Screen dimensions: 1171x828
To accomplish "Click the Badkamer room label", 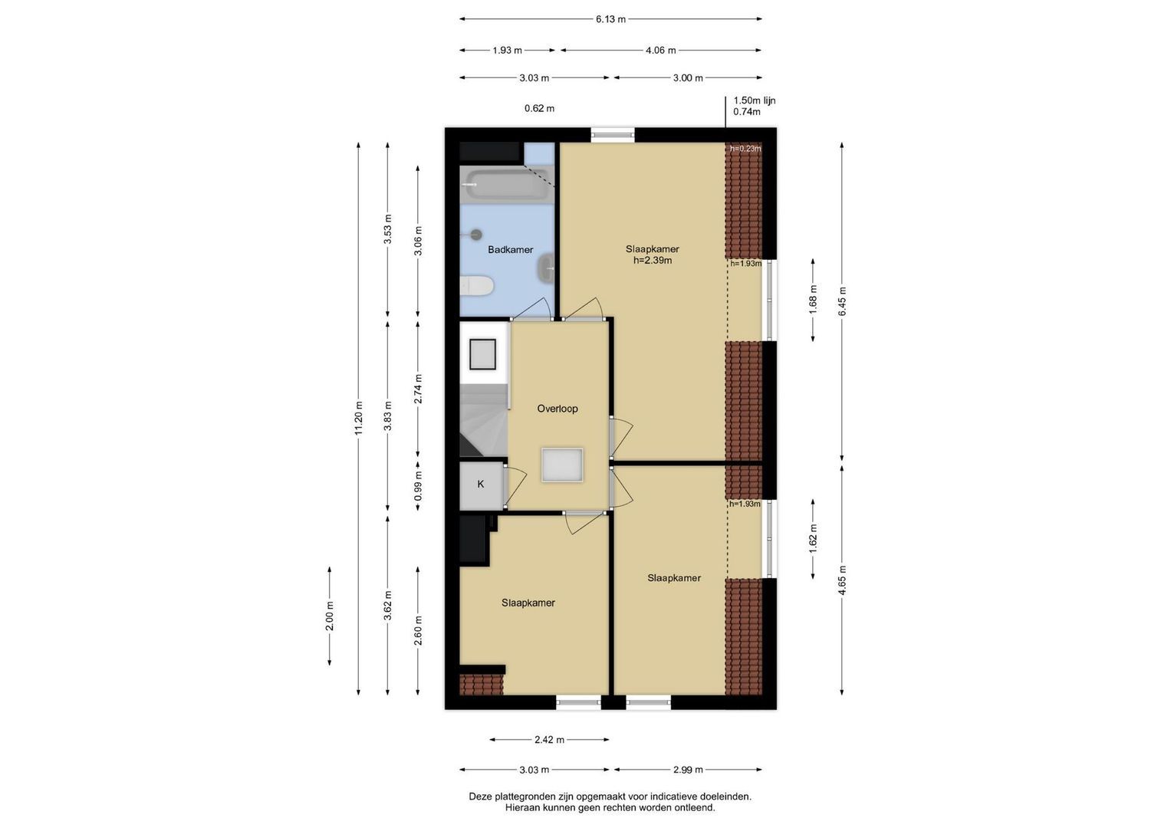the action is (x=510, y=250).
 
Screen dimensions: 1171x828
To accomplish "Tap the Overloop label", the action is (x=558, y=409).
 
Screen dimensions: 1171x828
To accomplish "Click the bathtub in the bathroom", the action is (x=507, y=185).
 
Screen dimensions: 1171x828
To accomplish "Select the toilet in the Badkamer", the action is (x=477, y=286).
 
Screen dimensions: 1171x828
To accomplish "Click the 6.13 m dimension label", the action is (x=610, y=19).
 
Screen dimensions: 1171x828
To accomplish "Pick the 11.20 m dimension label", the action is (x=358, y=418).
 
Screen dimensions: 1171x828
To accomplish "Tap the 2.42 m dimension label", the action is (x=549, y=740).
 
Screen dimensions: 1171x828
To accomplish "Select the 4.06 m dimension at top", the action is (x=661, y=50).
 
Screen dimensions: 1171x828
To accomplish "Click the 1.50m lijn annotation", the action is (x=755, y=100).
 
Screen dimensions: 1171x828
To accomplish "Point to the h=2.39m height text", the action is (x=653, y=261).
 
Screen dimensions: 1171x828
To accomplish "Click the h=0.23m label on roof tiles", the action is (x=745, y=149).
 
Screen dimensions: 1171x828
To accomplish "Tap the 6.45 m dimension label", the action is (x=842, y=301).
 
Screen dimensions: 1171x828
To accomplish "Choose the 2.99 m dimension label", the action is (x=688, y=770).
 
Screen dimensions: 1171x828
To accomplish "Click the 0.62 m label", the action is (x=540, y=109).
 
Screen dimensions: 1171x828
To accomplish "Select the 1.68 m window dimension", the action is (x=813, y=300).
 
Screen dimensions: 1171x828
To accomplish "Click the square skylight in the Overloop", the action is (x=563, y=465).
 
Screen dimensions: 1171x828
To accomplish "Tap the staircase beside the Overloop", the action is (x=484, y=420).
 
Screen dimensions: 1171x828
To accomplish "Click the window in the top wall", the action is (x=613, y=135).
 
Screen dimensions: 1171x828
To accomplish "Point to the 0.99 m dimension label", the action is (x=418, y=485).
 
